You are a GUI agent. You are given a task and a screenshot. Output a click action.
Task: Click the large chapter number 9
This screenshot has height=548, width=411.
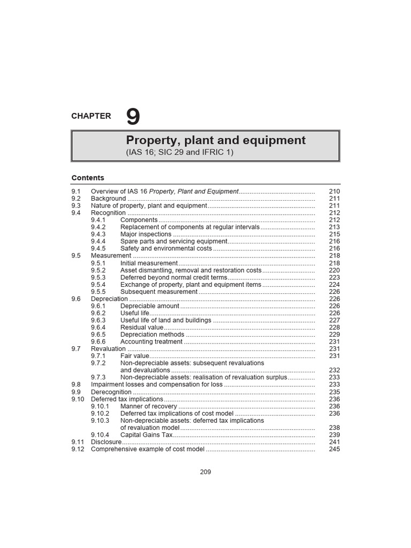[x=133, y=117]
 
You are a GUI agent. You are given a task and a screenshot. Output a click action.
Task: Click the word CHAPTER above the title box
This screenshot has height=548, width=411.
[x=91, y=116]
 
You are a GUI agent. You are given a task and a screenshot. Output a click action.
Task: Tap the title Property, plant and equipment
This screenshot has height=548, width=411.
[x=216, y=140]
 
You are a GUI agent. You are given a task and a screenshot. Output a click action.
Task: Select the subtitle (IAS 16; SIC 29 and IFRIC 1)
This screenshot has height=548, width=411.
[x=180, y=153]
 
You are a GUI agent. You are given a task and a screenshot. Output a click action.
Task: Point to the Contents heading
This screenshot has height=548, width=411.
[x=88, y=178]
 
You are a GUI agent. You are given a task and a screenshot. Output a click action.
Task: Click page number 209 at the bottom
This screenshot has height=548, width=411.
[x=205, y=472]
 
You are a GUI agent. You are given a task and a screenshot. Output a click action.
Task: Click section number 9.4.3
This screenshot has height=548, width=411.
[x=98, y=234]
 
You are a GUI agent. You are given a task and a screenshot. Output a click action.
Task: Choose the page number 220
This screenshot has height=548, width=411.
[x=334, y=270]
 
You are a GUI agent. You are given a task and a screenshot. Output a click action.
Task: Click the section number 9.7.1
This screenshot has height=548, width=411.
[x=98, y=356]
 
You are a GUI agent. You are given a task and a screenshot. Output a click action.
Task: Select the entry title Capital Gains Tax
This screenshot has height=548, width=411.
[x=146, y=435]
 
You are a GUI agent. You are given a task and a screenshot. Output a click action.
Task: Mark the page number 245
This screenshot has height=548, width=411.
[x=334, y=449]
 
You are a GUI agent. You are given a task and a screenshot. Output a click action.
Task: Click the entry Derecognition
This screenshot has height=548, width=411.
[x=111, y=392]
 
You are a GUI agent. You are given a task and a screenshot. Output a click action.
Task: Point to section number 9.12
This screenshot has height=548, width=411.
[x=78, y=449]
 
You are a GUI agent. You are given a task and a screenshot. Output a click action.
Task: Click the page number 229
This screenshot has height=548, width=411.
[x=334, y=334]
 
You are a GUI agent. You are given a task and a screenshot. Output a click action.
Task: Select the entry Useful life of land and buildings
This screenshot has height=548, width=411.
[x=166, y=320]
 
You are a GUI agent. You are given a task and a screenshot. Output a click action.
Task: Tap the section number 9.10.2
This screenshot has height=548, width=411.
[x=100, y=413]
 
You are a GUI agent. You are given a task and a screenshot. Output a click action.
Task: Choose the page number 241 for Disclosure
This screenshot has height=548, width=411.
[x=334, y=442]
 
